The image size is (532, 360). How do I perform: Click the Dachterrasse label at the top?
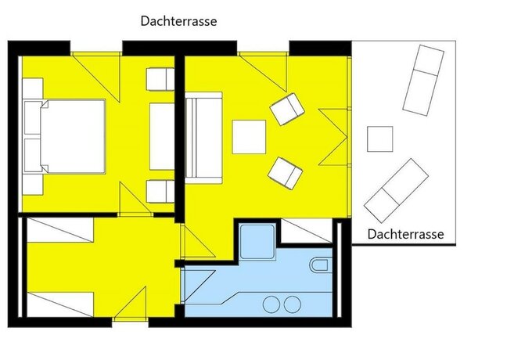coord(178,22)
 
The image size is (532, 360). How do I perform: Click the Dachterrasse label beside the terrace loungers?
coord(405,234)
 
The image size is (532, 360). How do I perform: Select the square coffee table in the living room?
coord(250,135)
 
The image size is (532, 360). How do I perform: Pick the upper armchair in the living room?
coord(286,109)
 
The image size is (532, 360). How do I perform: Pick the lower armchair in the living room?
coord(286,171)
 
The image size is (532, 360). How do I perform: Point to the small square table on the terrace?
coord(380,139)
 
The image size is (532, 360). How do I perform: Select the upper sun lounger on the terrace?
coord(422,80)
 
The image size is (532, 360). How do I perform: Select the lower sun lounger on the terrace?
coord(397,189)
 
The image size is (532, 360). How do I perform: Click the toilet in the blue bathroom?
coord(320,265)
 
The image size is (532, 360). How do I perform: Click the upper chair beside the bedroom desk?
coord(160,80)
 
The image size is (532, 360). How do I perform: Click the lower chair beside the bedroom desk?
coord(160,190)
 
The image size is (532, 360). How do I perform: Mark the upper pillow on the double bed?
coord(33,117)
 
